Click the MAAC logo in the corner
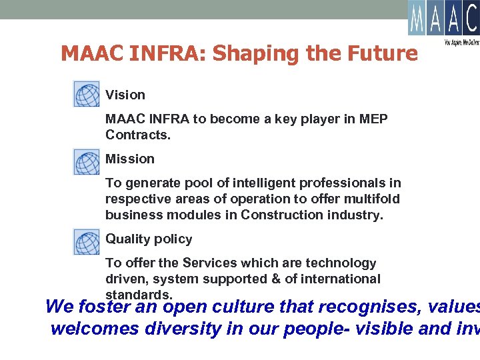[443, 19]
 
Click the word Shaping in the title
[257, 53]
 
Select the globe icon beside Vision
[86, 94]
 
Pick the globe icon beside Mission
[86, 162]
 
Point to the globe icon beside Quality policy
[86, 241]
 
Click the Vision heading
[125, 95]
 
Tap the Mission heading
[130, 159]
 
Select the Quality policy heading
[149, 239]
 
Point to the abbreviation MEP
[373, 119]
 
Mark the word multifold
[373, 199]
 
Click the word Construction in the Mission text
[275, 215]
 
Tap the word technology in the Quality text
[342, 263]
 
